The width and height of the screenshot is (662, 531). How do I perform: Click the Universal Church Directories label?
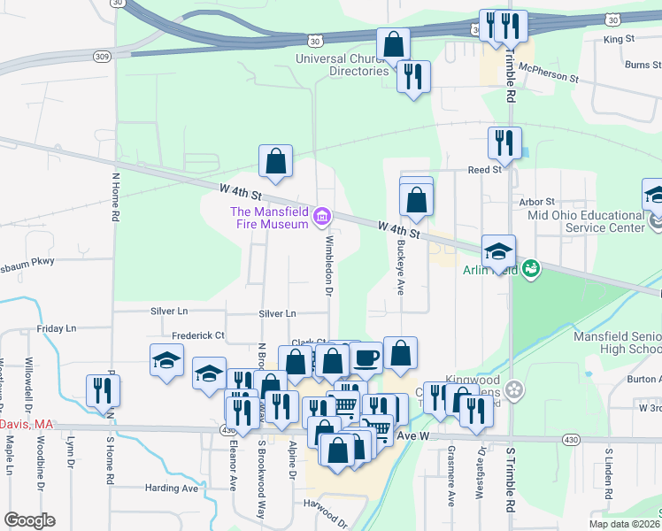tap(342, 65)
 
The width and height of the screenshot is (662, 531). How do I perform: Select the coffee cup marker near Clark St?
tap(366, 357)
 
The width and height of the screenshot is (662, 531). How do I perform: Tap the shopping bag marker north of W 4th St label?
tap(275, 161)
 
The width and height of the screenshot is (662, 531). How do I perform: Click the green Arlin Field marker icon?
tap(531, 269)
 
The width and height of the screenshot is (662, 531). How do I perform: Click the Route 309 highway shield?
tap(103, 55)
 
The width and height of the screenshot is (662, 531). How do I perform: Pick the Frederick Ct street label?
tap(198, 335)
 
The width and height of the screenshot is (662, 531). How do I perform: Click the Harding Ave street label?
tap(172, 488)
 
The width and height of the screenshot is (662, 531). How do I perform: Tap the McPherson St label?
tap(549, 78)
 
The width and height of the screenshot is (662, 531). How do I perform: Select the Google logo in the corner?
tap(28, 520)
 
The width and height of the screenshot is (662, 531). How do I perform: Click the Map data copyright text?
tap(624, 524)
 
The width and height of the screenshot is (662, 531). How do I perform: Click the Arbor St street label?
tap(537, 202)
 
